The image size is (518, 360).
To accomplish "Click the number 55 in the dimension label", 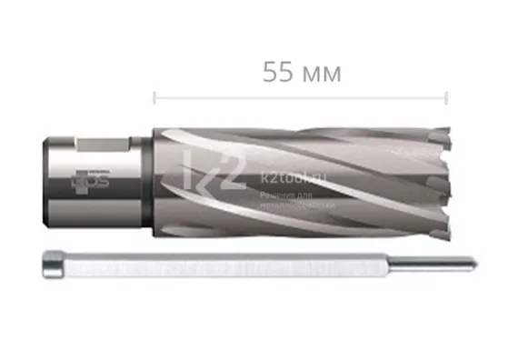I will pos(276,73).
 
